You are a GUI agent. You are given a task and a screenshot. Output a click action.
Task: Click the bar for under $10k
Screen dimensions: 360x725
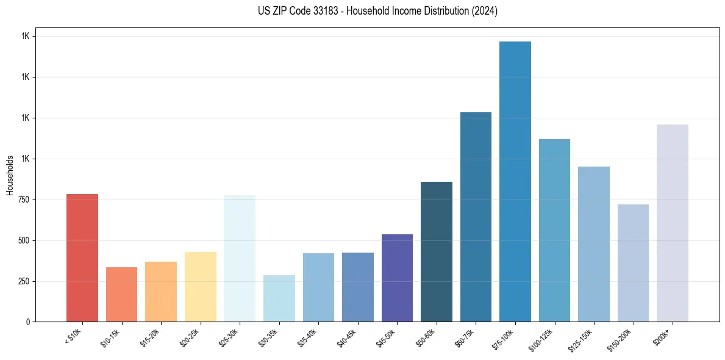[x=82, y=257]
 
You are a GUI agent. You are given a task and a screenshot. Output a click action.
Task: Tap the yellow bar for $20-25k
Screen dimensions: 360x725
[x=200, y=287]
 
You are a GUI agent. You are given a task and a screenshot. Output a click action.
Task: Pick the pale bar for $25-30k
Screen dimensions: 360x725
[x=240, y=258]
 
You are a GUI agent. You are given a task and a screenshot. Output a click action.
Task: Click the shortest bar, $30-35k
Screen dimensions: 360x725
[x=279, y=298]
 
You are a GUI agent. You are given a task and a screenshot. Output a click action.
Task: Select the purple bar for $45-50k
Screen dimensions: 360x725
[x=397, y=278]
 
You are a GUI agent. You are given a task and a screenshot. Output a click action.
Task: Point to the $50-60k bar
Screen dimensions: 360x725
[x=437, y=251]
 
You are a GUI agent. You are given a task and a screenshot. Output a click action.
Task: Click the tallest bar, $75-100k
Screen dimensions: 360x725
[x=515, y=181]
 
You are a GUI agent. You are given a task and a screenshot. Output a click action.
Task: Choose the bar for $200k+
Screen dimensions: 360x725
[x=673, y=223]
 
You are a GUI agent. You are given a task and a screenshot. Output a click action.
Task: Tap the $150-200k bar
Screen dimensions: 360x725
[x=633, y=263]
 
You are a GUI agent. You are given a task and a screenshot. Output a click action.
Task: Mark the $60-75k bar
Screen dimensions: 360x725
[x=476, y=217]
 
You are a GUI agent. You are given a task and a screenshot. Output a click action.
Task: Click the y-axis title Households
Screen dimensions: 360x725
[x=10, y=175]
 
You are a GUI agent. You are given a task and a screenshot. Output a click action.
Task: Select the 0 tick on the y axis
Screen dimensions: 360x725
[x=28, y=322]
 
